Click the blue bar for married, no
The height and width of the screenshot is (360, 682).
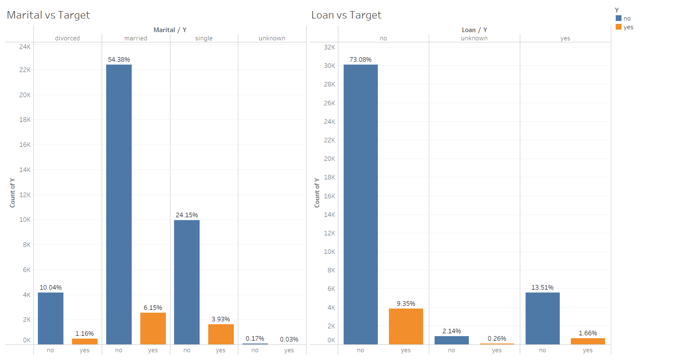118,205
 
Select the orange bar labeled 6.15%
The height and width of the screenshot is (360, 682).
153,328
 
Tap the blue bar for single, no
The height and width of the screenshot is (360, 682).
187,282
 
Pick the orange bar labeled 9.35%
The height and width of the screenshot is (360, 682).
406,326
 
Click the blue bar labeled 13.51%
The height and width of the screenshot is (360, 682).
542,318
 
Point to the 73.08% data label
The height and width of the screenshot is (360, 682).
360,60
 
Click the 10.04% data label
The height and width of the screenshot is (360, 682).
50,287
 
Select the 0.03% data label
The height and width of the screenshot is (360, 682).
289,340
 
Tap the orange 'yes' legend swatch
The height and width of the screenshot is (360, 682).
618,27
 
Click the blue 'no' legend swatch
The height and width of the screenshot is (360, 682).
618,18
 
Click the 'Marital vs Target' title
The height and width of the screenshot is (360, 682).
48,15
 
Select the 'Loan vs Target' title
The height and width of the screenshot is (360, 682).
346,15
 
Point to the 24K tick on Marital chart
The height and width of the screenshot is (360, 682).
25,47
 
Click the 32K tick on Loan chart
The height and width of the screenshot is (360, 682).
329,47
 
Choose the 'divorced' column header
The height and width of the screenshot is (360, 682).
67,38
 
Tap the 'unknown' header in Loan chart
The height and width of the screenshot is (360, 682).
474,38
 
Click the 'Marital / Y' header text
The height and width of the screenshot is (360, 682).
170,30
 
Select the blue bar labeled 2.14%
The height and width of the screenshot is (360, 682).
451,340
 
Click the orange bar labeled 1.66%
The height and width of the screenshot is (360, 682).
587,341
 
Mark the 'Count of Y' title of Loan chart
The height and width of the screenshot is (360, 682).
317,193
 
